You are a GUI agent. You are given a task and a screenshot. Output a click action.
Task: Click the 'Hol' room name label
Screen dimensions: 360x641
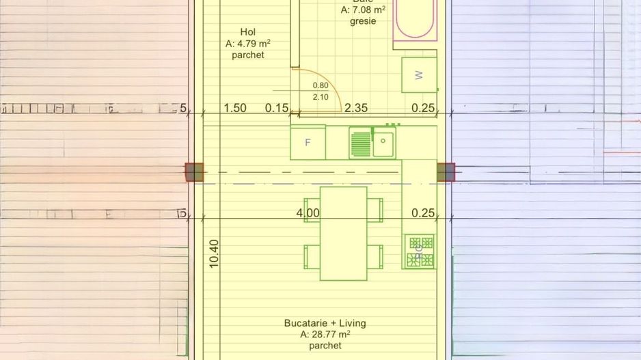[247, 32]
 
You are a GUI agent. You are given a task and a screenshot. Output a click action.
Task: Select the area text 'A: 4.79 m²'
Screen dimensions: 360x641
[247, 44]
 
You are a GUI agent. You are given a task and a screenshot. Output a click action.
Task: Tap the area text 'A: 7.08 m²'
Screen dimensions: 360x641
[359, 10]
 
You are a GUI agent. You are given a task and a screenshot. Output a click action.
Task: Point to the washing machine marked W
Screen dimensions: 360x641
[418, 75]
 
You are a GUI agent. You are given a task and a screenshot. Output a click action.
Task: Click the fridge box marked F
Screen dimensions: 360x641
[308, 143]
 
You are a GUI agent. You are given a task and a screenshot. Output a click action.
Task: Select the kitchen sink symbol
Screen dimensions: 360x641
[372, 143]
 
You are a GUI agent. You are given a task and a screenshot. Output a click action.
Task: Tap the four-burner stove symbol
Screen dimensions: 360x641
[419, 251]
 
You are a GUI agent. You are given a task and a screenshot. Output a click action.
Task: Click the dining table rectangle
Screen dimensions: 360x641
[343, 234]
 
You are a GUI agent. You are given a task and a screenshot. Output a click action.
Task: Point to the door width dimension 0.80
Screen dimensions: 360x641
[320, 85]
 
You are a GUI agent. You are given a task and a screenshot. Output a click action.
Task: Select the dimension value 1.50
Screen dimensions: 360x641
[235, 108]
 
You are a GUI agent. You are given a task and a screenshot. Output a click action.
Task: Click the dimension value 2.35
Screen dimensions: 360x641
[356, 108]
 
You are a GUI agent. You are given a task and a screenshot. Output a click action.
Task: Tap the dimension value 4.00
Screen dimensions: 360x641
[308, 213]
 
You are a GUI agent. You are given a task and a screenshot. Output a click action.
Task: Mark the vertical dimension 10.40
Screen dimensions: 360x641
[213, 253]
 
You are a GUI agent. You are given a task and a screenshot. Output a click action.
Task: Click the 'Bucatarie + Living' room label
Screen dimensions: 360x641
[325, 323]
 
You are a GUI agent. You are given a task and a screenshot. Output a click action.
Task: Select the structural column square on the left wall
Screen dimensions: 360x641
[195, 172]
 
